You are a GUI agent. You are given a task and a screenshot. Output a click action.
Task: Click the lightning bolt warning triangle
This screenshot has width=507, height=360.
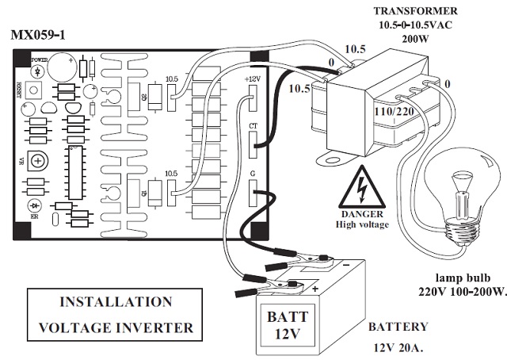(360, 188)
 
